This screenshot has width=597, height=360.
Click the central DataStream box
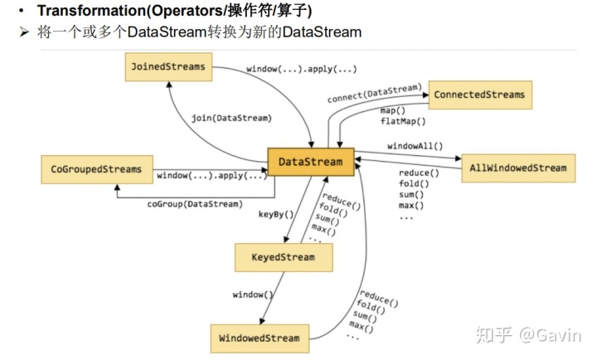(310, 162)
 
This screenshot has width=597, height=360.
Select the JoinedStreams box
(168, 66)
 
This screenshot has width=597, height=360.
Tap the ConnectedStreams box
(480, 95)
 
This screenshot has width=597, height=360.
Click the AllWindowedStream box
(518, 168)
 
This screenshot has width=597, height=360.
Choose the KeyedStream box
(284, 257)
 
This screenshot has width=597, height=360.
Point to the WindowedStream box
(260, 338)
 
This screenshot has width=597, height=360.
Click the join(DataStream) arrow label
(231, 118)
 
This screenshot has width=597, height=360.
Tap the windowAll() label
(415, 146)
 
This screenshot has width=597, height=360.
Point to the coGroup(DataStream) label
(195, 203)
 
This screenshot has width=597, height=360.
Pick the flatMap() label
(403, 121)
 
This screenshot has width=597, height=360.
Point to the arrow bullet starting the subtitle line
(23, 32)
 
